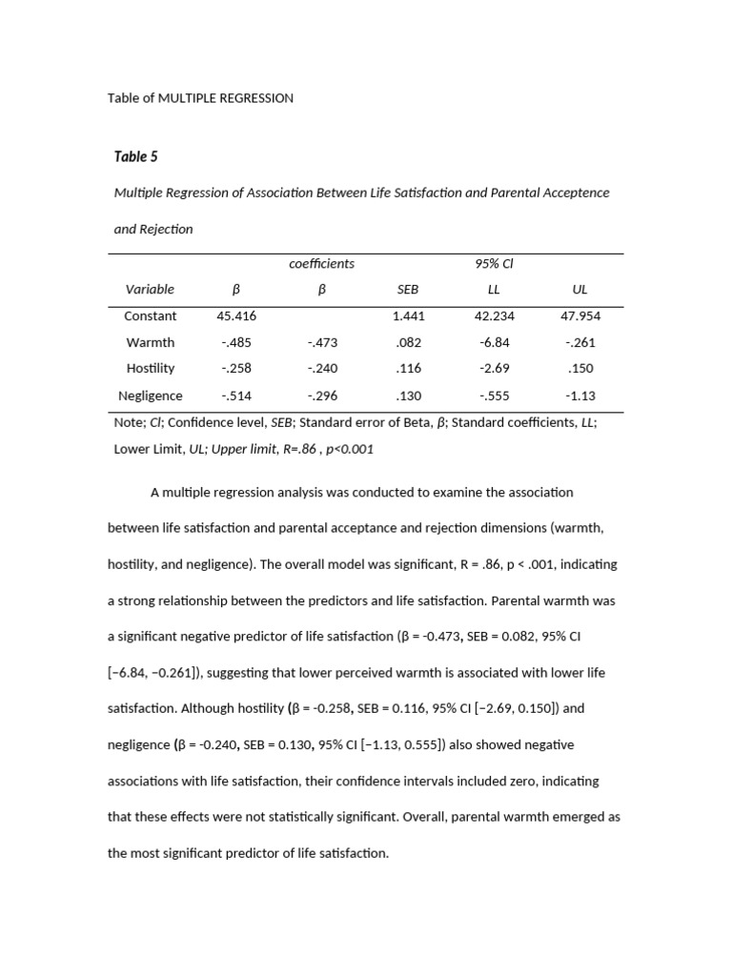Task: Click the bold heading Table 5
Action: [136, 157]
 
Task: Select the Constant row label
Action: [150, 315]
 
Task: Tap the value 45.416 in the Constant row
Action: [236, 315]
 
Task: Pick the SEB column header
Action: [407, 289]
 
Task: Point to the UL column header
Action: [580, 289]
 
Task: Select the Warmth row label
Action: [150, 342]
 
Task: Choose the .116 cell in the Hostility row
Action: [407, 368]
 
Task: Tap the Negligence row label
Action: [150, 396]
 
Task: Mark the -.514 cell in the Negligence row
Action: [236, 396]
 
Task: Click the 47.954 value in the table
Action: [580, 315]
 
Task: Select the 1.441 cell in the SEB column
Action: [407, 315]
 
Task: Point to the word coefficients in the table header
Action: [321, 263]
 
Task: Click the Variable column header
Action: [150, 289]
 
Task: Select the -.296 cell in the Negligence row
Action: [322, 396]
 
